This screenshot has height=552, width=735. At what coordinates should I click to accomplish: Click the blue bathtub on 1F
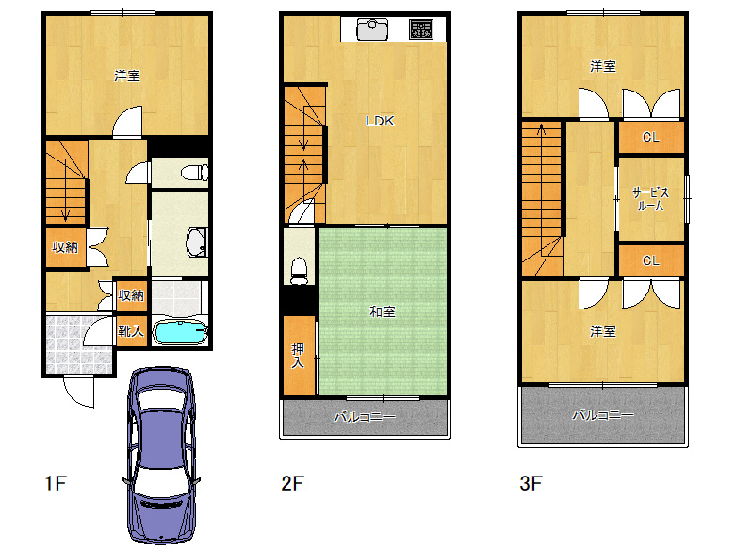coord(180,332)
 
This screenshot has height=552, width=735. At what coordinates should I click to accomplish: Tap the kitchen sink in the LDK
coord(372,29)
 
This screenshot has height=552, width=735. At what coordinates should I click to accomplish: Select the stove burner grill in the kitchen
coord(420,28)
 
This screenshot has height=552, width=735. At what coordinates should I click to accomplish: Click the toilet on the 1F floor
coord(194,173)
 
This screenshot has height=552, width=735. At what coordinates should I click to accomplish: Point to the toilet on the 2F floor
coord(299,272)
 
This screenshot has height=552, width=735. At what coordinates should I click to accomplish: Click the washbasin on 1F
coord(196,243)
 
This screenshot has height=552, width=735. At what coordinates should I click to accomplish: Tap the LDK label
coord(380,121)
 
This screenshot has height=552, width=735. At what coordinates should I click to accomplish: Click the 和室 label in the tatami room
coord(383,311)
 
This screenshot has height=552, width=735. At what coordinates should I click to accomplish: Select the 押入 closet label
coord(298,356)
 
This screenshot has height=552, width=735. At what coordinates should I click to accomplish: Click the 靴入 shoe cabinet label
coord(131,331)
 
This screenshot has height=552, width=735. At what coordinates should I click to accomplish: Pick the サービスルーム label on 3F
coord(650,199)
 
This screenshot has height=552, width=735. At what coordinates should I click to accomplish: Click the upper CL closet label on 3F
coord(651,137)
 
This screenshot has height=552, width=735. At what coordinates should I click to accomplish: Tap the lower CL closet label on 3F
coord(651,260)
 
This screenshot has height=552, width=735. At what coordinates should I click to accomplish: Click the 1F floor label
coord(56,483)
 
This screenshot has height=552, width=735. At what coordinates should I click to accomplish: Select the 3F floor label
coord(531,483)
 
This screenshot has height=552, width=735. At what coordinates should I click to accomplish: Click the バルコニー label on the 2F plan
coord(365,417)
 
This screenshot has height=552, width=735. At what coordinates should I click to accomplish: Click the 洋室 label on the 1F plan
coord(127,75)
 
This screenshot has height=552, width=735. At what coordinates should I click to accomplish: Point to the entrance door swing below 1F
coord(79,392)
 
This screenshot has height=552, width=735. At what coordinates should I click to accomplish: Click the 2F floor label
coord(293,483)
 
